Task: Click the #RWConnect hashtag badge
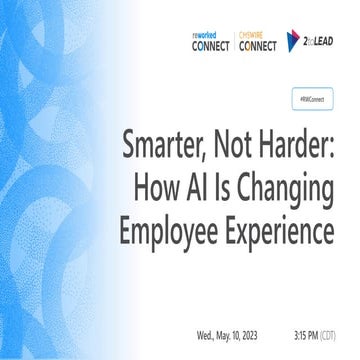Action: [x=312, y=100]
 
